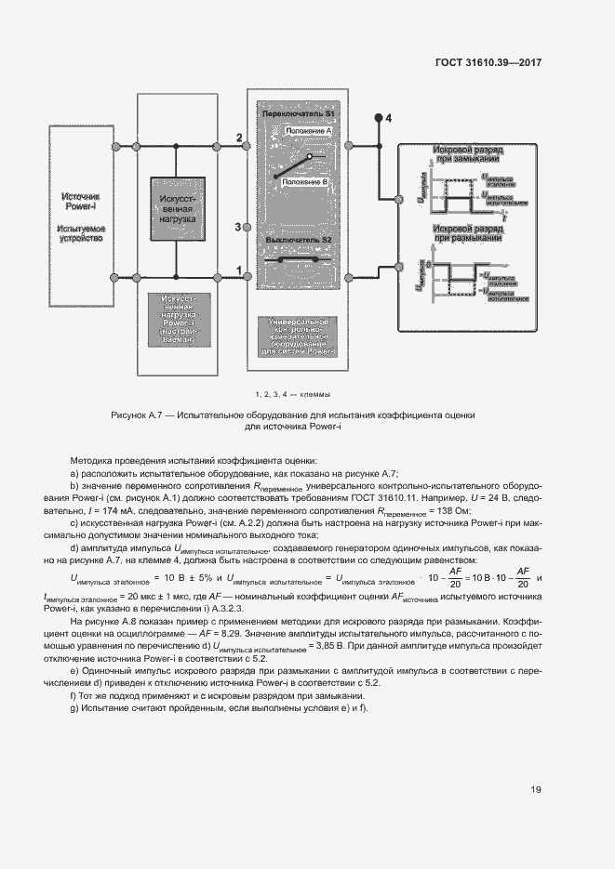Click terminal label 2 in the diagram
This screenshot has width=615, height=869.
tap(239, 138)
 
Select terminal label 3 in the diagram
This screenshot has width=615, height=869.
tap(238, 227)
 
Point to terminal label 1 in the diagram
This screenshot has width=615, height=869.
tap(239, 270)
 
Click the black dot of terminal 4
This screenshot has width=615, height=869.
tap(378, 119)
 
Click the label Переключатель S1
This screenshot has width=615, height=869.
tap(298, 112)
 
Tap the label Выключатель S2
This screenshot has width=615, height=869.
tap(298, 241)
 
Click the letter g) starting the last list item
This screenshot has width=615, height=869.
tap(74, 708)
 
